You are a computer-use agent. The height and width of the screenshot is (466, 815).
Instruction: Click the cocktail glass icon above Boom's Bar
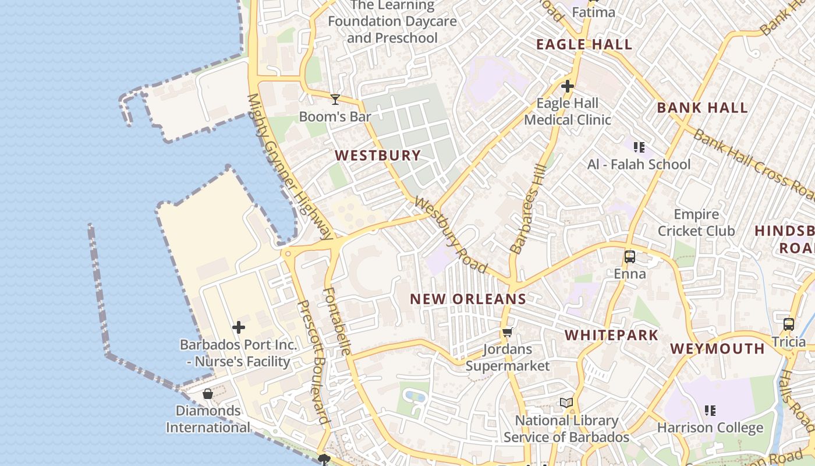pos(335,100)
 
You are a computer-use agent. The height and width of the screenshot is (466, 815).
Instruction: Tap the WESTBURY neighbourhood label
pos(378,156)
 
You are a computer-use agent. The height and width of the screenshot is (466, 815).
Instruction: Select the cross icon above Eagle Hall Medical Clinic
pos(567,87)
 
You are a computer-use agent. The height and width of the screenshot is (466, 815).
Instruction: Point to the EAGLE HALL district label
pos(584,45)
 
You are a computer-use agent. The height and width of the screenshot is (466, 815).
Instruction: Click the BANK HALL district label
pos(702,108)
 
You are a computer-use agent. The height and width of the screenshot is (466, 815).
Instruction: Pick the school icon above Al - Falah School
pos(639,147)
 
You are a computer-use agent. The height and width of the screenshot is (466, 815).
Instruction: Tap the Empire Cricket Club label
pos(696,223)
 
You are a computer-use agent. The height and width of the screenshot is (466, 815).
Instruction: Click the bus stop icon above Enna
pos(629,257)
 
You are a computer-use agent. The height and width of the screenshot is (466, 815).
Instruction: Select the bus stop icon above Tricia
pos(788,324)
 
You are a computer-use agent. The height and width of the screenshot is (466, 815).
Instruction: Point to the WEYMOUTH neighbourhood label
pos(717,349)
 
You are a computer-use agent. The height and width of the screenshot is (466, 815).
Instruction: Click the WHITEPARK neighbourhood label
pos(611,335)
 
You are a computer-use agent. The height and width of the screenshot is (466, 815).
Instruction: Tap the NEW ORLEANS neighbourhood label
pos(468,299)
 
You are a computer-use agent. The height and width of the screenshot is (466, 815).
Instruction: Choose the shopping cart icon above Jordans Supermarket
pos(507,333)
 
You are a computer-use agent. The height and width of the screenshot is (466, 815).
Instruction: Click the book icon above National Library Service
pos(566,403)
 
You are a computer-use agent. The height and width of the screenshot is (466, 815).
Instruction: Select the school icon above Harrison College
pos(710,411)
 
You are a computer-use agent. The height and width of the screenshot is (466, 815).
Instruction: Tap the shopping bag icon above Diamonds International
pos(208,394)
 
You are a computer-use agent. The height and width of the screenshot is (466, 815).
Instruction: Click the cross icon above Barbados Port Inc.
pos(238,328)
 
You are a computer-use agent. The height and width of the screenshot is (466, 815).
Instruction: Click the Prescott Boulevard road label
pos(312,362)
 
